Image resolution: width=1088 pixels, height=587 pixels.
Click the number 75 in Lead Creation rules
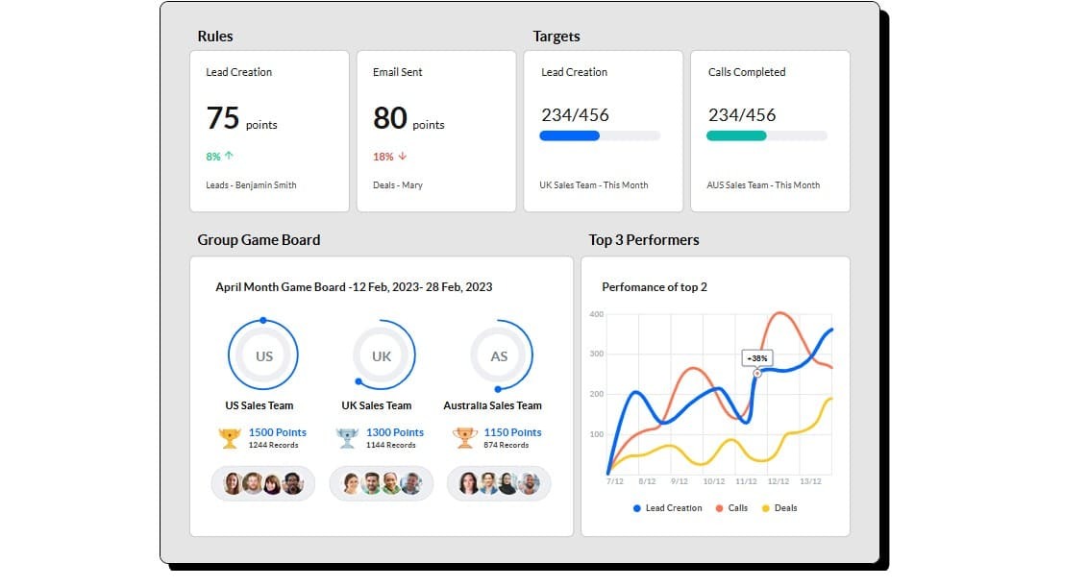[x=223, y=118]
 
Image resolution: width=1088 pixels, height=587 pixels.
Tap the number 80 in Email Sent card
[x=390, y=118]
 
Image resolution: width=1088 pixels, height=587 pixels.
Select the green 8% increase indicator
[x=220, y=156]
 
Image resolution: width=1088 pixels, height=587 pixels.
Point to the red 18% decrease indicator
[x=389, y=156]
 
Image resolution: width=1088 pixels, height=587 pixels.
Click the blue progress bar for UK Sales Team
[x=570, y=135]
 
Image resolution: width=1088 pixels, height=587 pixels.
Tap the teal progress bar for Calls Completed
[x=737, y=135]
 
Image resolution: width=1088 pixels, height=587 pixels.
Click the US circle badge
[x=263, y=355]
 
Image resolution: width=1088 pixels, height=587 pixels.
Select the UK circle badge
[x=382, y=355]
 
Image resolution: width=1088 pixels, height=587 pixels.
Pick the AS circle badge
[x=499, y=355]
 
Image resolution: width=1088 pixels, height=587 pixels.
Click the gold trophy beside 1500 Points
[x=229, y=438]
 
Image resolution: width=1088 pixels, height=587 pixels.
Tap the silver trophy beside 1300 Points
[x=346, y=438]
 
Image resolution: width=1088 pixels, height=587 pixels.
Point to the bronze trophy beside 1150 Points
[x=464, y=438]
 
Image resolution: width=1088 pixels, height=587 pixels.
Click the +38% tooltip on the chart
[x=757, y=358]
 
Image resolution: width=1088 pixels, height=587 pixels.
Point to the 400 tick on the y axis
[x=596, y=314]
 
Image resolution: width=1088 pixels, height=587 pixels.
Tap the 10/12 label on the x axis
[x=713, y=481]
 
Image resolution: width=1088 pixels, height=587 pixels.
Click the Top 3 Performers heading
[x=644, y=239]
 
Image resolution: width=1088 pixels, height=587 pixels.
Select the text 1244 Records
[x=273, y=445]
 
